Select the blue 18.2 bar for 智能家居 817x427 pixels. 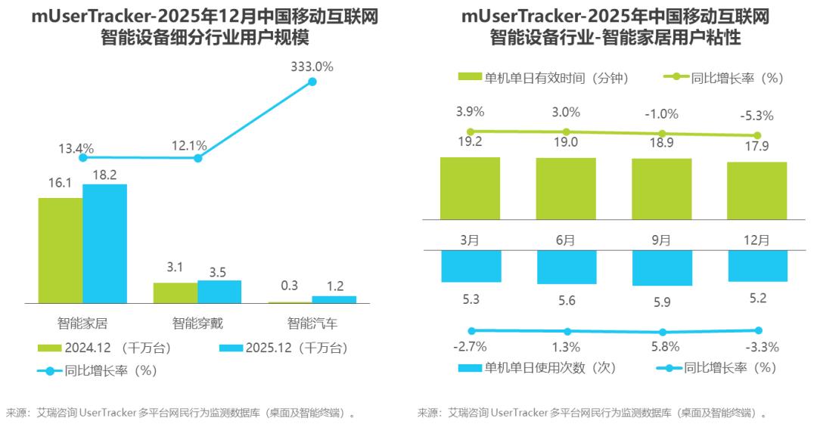pyautogui.click(x=104, y=243)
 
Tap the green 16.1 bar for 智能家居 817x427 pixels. pyautogui.click(x=61, y=250)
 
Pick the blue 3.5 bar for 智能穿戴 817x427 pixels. pyautogui.click(x=219, y=292)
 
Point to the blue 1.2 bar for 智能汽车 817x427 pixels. pyautogui.click(x=334, y=299)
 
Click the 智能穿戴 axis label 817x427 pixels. pyautogui.click(x=197, y=323)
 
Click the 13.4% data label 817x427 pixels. pyautogui.click(x=77, y=147)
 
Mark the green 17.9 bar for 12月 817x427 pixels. pyautogui.click(x=757, y=190)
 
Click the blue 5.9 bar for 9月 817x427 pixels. pyautogui.click(x=662, y=268)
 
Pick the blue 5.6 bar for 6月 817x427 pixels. pyautogui.click(x=567, y=267)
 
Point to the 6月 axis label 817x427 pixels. pyautogui.click(x=565, y=240)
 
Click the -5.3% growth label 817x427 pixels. pyautogui.click(x=757, y=116)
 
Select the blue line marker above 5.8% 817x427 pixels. pyautogui.click(x=663, y=332)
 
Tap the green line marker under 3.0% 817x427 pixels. pyautogui.click(x=566, y=132)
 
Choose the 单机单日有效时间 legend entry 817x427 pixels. pyautogui.click(x=544, y=77)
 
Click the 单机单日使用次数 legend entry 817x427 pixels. pyautogui.click(x=537, y=368)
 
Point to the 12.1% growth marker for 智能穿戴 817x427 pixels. pyautogui.click(x=197, y=158)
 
